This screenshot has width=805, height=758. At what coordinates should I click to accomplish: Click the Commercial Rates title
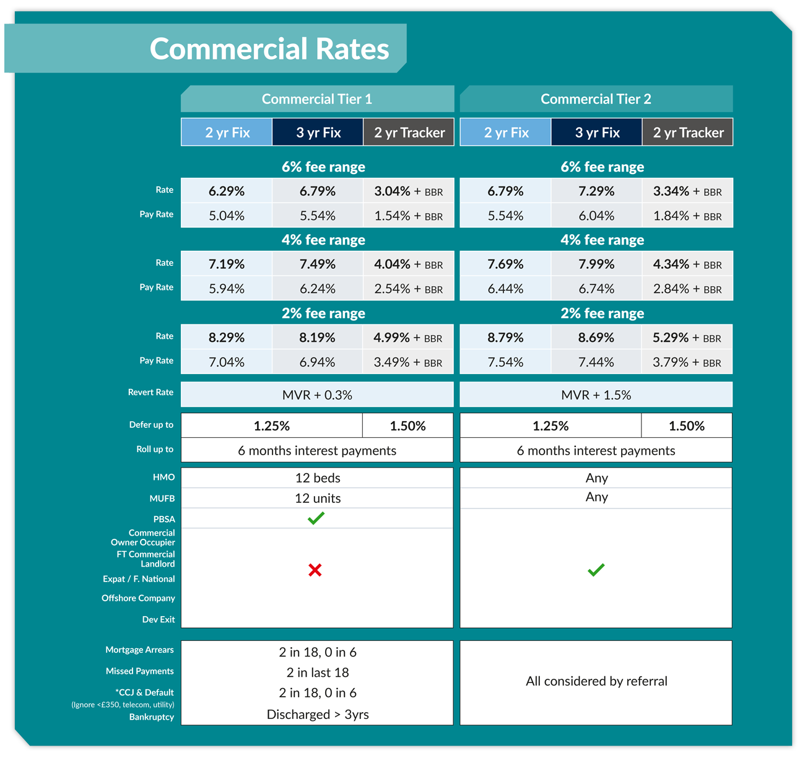click(269, 49)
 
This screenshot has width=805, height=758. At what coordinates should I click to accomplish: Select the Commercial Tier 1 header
click(316, 99)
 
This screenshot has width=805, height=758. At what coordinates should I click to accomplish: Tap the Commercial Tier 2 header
click(596, 99)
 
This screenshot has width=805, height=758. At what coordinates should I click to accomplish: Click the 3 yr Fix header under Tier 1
click(318, 133)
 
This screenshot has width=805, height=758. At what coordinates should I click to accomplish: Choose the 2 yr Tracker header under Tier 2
click(688, 133)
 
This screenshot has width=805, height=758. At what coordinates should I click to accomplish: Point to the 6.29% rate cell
click(227, 191)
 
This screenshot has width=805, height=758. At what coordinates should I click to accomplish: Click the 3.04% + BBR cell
click(408, 191)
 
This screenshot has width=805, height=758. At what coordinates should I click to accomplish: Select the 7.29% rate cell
click(596, 191)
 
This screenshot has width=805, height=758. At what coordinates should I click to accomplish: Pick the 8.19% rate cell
click(317, 338)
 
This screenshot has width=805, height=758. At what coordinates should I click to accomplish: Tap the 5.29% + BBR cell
click(687, 338)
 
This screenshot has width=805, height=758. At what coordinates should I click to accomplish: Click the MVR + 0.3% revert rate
click(317, 395)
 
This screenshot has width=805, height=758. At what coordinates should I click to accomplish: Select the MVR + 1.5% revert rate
click(596, 395)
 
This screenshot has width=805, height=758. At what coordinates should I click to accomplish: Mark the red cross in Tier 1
click(315, 570)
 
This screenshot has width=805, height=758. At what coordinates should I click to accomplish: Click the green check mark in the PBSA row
click(316, 518)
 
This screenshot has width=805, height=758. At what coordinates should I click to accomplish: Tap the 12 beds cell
click(317, 478)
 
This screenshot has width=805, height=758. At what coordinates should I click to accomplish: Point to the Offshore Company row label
click(138, 598)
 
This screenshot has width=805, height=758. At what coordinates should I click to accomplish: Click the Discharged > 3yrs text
click(317, 714)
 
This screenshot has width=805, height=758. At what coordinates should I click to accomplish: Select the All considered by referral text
click(596, 681)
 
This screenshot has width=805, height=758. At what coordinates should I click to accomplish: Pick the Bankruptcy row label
click(151, 717)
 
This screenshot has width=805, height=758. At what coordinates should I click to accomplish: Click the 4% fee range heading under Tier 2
click(602, 240)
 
